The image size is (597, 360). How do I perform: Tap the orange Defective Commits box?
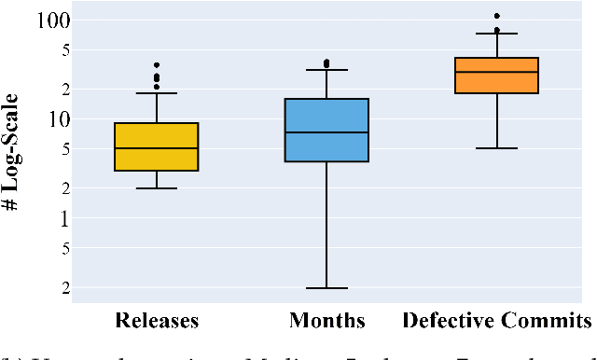coord(496,76)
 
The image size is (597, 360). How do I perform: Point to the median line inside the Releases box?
coord(156,148)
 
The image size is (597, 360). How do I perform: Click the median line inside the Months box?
coord(326,132)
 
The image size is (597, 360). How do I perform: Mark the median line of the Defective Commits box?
coord(496,72)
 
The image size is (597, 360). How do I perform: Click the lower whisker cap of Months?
coord(326,288)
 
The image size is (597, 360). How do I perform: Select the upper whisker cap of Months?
coord(326,70)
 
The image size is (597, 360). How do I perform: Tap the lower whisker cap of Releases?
coord(156,188)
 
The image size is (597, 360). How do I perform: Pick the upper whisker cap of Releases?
coord(156,93)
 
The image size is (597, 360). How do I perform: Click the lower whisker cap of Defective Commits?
coord(496,148)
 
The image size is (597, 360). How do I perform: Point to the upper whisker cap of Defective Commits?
coord(496,34)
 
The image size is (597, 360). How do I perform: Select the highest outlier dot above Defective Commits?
coord(496,16)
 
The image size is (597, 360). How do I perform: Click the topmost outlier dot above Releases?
coord(156,65)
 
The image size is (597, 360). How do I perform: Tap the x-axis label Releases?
coord(156,322)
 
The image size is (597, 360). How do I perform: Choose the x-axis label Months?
coord(326,322)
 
